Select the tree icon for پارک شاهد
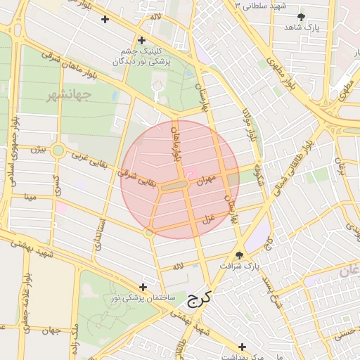point(302,17)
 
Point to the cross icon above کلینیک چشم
point(143,40)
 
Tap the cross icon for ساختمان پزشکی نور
point(144,287)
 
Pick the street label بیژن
point(38,149)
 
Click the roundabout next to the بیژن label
point(58,150)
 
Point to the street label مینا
point(30,199)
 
